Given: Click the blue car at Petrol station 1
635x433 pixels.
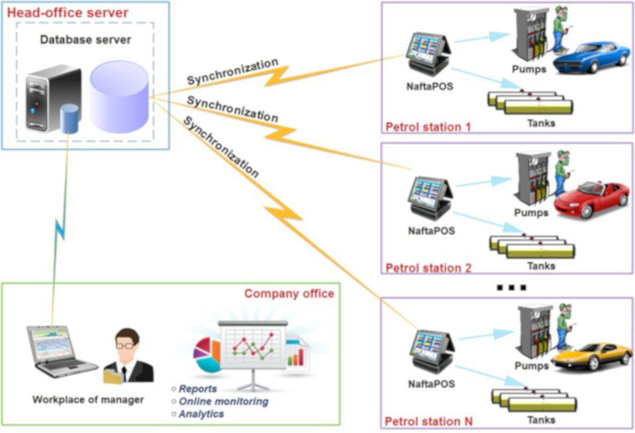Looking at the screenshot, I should point(591,57).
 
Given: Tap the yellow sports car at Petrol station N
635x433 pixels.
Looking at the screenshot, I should point(591,356).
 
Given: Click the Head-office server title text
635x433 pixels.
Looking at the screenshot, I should point(68,13).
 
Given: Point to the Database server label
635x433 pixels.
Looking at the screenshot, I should point(85,40).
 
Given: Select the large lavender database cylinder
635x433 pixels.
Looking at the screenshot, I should point(119,96).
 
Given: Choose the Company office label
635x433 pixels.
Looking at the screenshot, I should point(289,293).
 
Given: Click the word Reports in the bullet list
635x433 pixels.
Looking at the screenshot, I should point(197,389).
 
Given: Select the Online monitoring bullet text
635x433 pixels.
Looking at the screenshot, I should point(223,401).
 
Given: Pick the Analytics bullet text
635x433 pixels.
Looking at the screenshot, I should point(201,414).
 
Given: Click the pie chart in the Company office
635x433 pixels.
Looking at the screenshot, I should point(207,354).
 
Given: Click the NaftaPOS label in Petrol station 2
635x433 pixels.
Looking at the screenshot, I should point(431,231).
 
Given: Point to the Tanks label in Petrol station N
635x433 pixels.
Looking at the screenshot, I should point(541,419).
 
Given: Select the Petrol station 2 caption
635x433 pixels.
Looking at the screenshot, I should point(428,268).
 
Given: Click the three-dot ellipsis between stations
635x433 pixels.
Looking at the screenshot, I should point(511,288).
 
